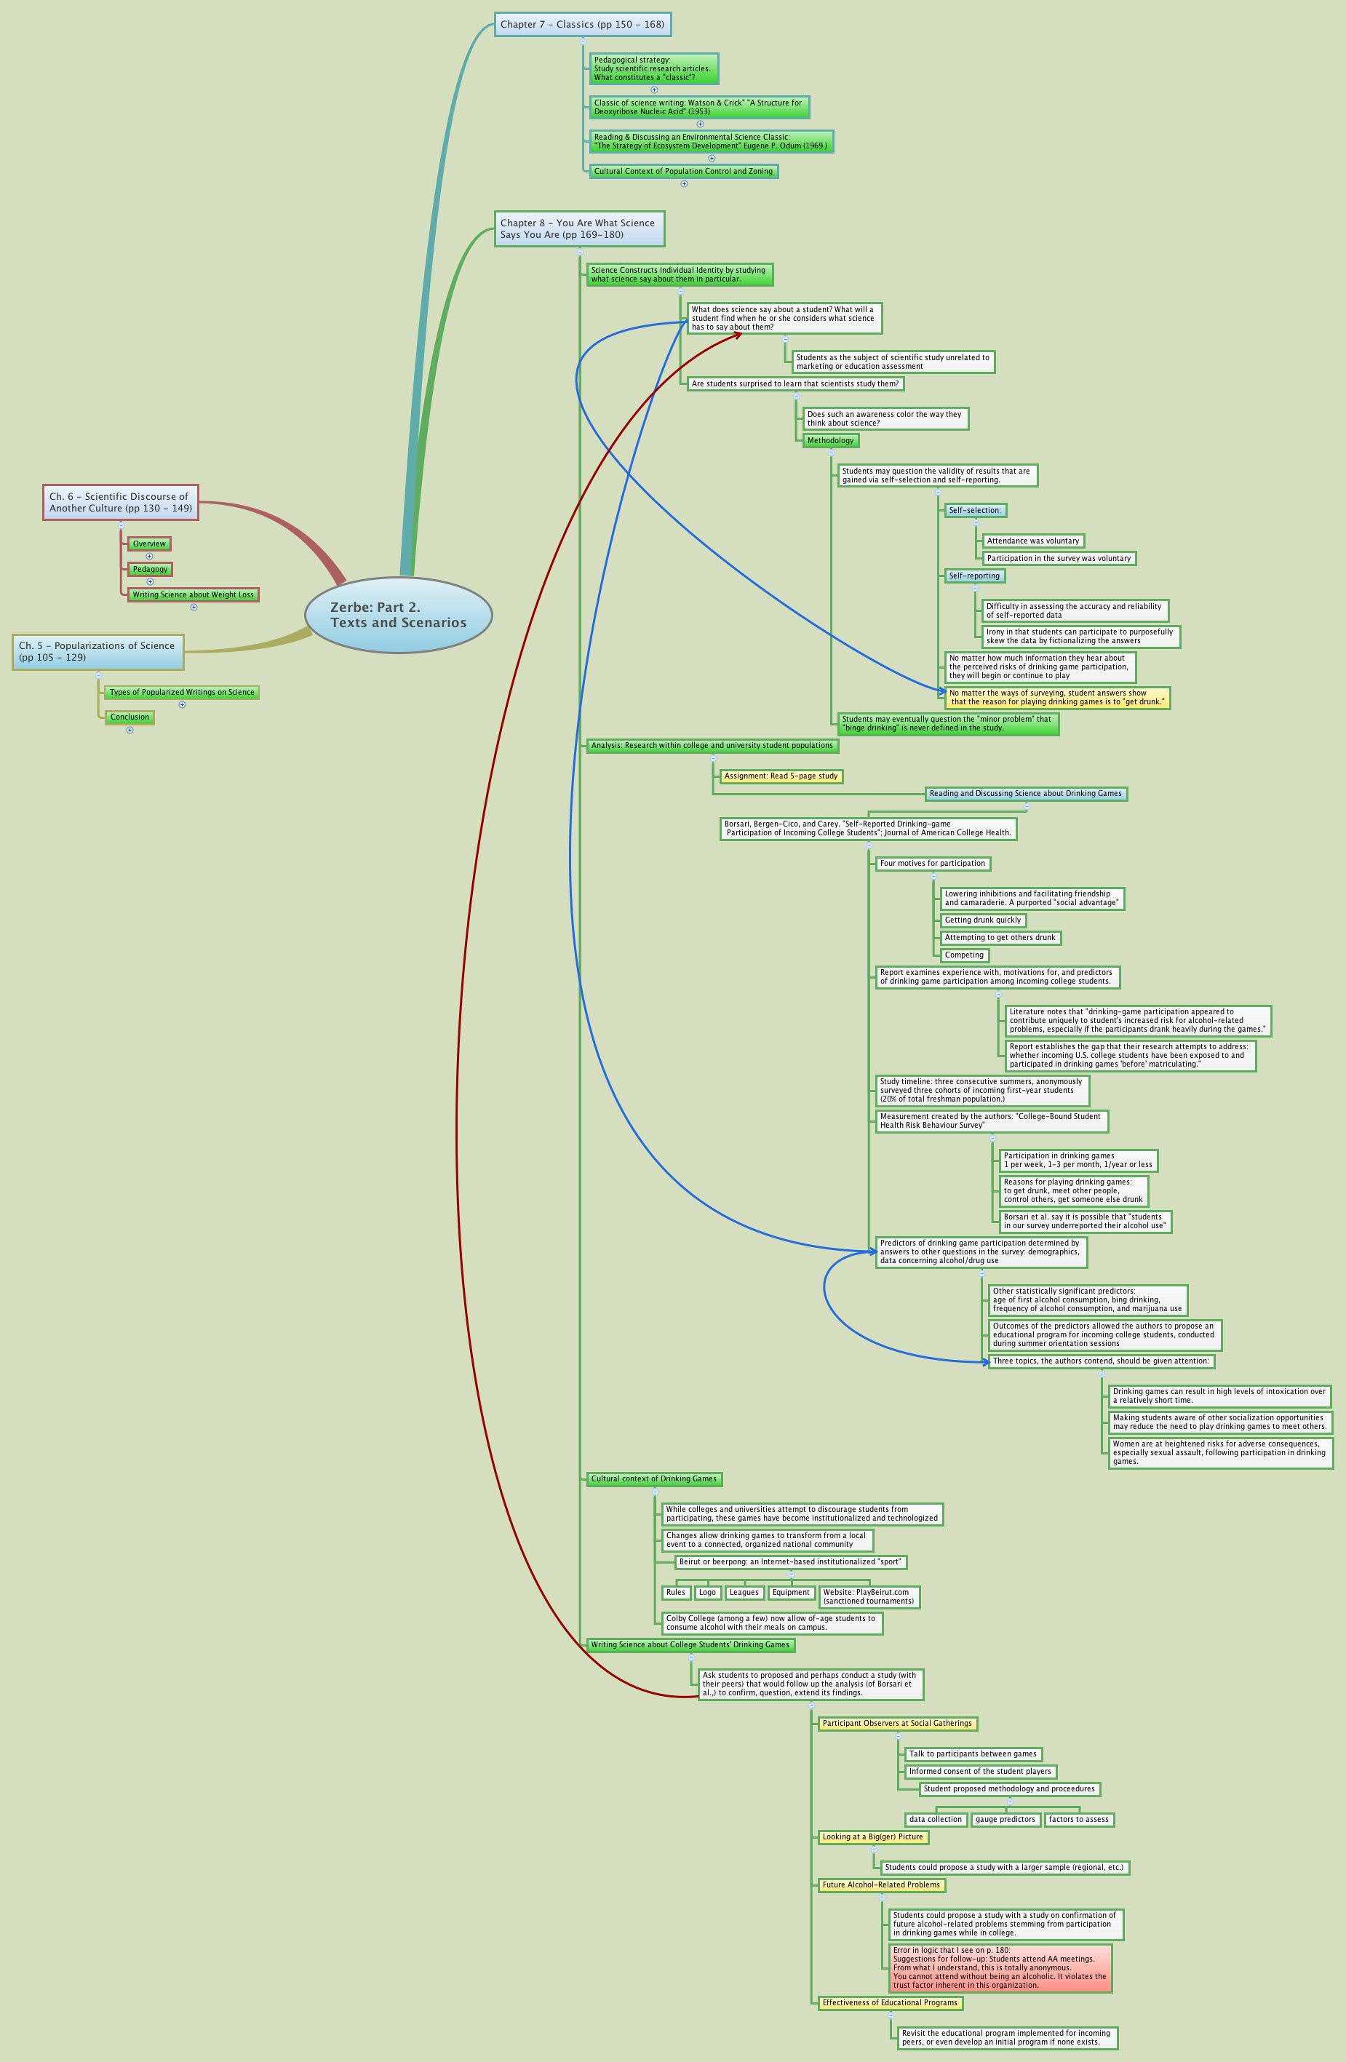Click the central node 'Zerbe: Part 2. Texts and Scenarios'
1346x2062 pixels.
coord(399,615)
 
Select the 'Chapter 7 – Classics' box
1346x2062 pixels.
coord(582,24)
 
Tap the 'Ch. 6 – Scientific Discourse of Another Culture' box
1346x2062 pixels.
coord(120,503)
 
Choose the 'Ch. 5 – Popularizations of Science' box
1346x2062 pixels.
coord(98,651)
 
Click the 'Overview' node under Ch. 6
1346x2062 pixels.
coord(149,544)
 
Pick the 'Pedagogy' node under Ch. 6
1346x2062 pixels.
coord(150,569)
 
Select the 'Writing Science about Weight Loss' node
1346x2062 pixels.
coord(193,595)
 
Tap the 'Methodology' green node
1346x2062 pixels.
coord(829,441)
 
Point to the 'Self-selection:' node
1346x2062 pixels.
coord(974,510)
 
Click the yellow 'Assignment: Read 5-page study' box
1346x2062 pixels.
coord(781,776)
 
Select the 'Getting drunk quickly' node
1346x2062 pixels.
coord(983,920)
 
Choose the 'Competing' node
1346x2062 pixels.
coord(964,955)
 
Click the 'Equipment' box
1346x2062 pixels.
coord(791,1593)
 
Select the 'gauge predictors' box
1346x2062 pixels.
coord(1005,1820)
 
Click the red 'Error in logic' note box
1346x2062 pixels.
coord(1000,1967)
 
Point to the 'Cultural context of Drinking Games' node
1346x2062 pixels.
coord(654,1479)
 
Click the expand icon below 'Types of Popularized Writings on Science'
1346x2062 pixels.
coord(182,704)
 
